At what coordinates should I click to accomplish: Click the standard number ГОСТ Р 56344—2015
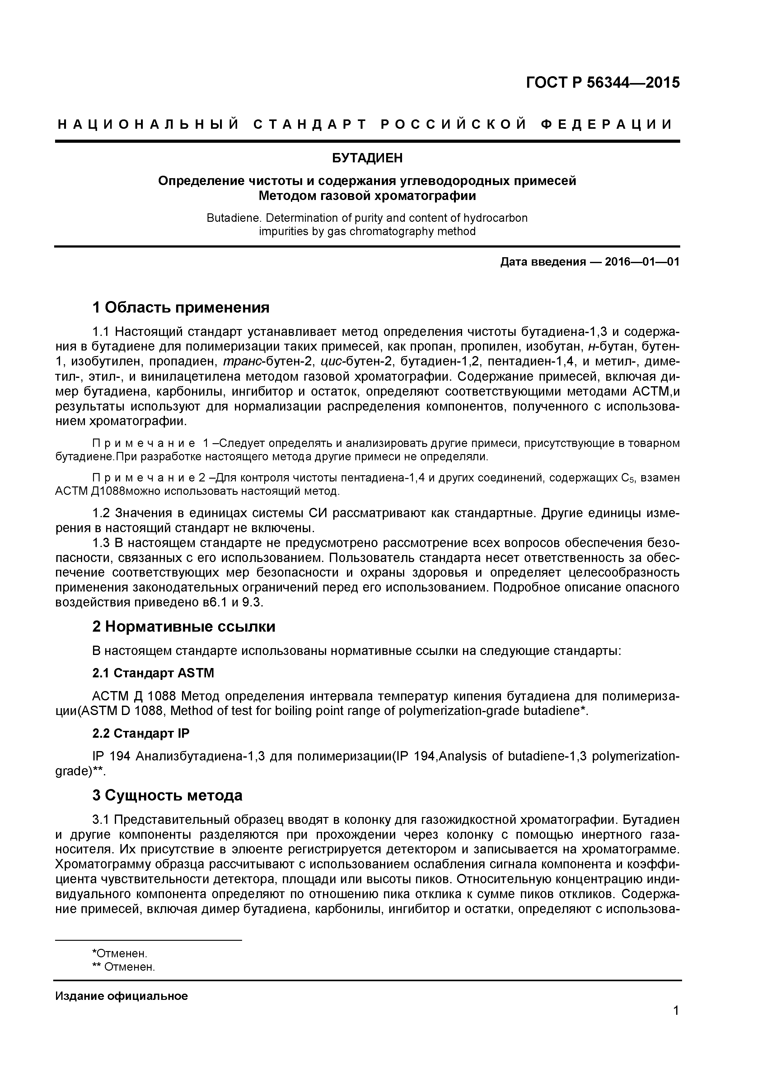603,83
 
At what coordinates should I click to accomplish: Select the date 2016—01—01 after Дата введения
642,262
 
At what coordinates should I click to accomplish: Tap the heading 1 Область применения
181,308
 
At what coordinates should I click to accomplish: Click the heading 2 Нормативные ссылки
184,627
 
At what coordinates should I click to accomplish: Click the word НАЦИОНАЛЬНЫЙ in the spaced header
147,125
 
